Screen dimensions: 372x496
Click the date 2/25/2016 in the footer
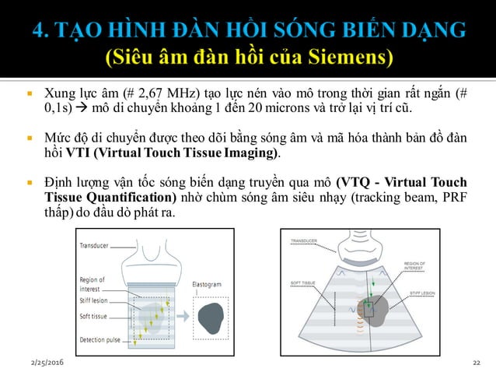tap(47, 363)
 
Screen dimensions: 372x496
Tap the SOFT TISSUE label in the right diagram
tap(303, 283)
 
